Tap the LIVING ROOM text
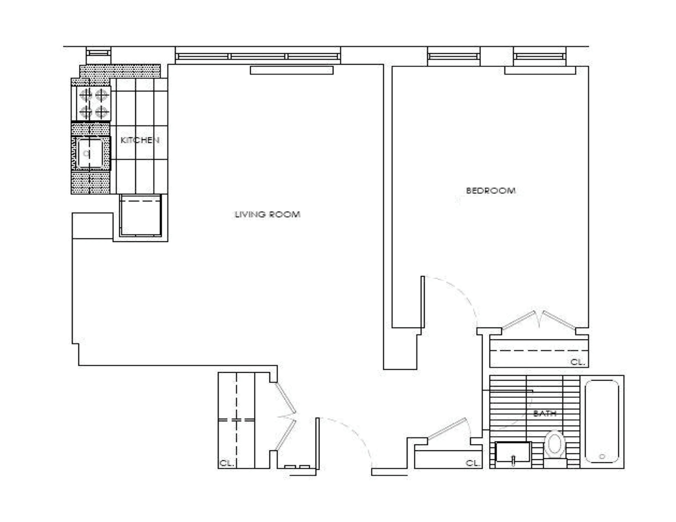pos(267,214)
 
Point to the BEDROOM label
pos(491,191)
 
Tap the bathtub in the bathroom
pos(602,421)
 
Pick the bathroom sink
pos(513,452)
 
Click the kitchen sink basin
pos(90,153)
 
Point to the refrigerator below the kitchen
pos(141,216)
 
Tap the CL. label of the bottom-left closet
pos(226,463)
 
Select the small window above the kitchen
pos(98,53)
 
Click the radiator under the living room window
pos(291,70)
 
